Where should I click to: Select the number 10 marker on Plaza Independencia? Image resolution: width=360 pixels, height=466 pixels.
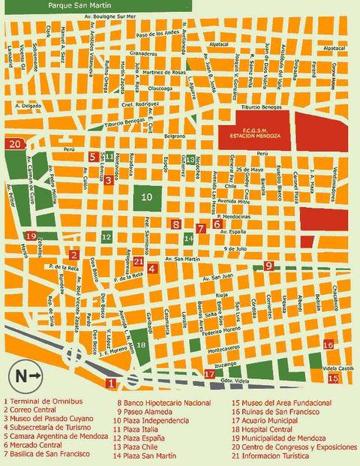tap(148, 197)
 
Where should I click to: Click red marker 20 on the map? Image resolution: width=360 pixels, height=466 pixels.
tap(14, 143)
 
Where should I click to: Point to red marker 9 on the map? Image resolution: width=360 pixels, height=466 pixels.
tap(268, 265)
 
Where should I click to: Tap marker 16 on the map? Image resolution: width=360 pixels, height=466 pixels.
tap(328, 345)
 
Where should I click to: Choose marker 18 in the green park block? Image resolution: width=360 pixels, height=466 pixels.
tap(141, 345)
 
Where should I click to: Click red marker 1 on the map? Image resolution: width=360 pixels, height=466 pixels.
tap(111, 383)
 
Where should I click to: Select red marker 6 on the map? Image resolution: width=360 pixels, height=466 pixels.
tap(217, 223)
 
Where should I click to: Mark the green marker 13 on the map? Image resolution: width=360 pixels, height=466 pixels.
tap(191, 159)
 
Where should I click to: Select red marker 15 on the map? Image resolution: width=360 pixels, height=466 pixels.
tap(333, 378)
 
